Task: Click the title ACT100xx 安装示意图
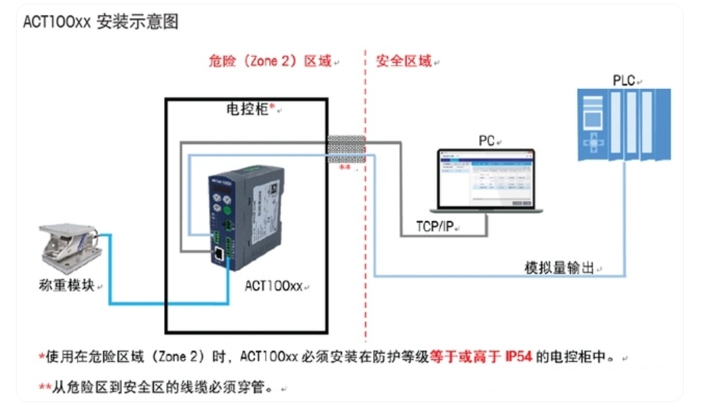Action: click(101, 22)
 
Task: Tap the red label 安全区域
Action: click(404, 61)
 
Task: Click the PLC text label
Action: click(623, 81)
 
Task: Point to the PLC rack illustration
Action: click(623, 124)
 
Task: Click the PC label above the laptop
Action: click(486, 141)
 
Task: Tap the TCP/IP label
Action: click(434, 227)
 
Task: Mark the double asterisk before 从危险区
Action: click(44, 387)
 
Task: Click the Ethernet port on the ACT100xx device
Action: click(218, 254)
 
